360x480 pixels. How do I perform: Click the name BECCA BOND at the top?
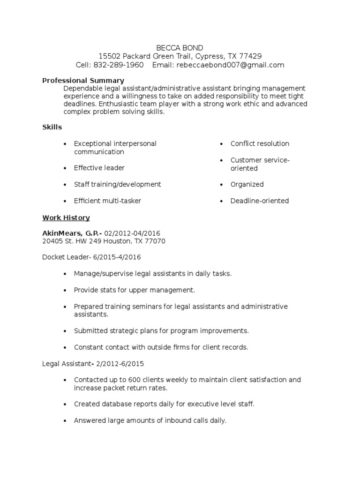pyautogui.click(x=180, y=47)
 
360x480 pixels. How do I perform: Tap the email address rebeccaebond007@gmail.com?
pyautogui.click(x=230, y=65)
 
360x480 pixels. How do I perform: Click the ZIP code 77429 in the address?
pyautogui.click(x=251, y=56)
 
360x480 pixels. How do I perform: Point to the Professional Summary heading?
pyautogui.click(x=83, y=81)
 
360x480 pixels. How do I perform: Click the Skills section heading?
pyautogui.click(x=52, y=127)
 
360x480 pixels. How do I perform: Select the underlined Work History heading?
pyautogui.click(x=66, y=218)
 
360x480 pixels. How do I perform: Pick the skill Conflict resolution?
pyautogui.click(x=260, y=143)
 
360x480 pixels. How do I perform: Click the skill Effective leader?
pyautogui.click(x=99, y=168)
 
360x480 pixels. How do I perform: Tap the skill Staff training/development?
pyautogui.click(x=117, y=184)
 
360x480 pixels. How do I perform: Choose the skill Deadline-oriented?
pyautogui.click(x=259, y=201)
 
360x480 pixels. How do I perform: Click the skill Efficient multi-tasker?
pyautogui.click(x=107, y=201)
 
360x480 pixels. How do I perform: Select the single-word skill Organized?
pyautogui.click(x=247, y=184)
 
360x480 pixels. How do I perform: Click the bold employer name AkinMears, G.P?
pyautogui.click(x=71, y=233)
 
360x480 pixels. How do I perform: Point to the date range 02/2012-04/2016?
pyautogui.click(x=132, y=233)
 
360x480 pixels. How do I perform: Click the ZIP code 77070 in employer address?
pyautogui.click(x=155, y=241)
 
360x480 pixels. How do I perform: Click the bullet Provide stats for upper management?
pyautogui.click(x=134, y=290)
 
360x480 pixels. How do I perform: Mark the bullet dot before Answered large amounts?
pyautogui.click(x=64, y=421)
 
